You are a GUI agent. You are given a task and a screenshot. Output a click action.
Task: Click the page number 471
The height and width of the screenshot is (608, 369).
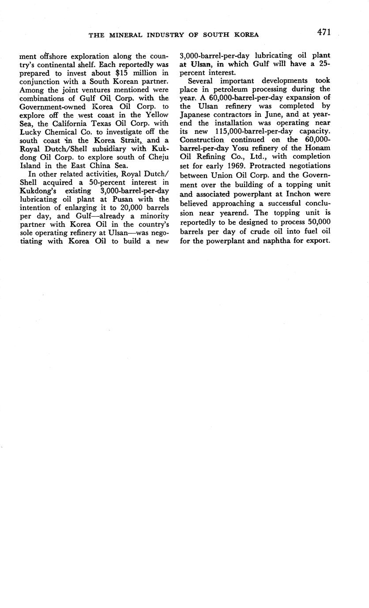[x=323, y=32]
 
